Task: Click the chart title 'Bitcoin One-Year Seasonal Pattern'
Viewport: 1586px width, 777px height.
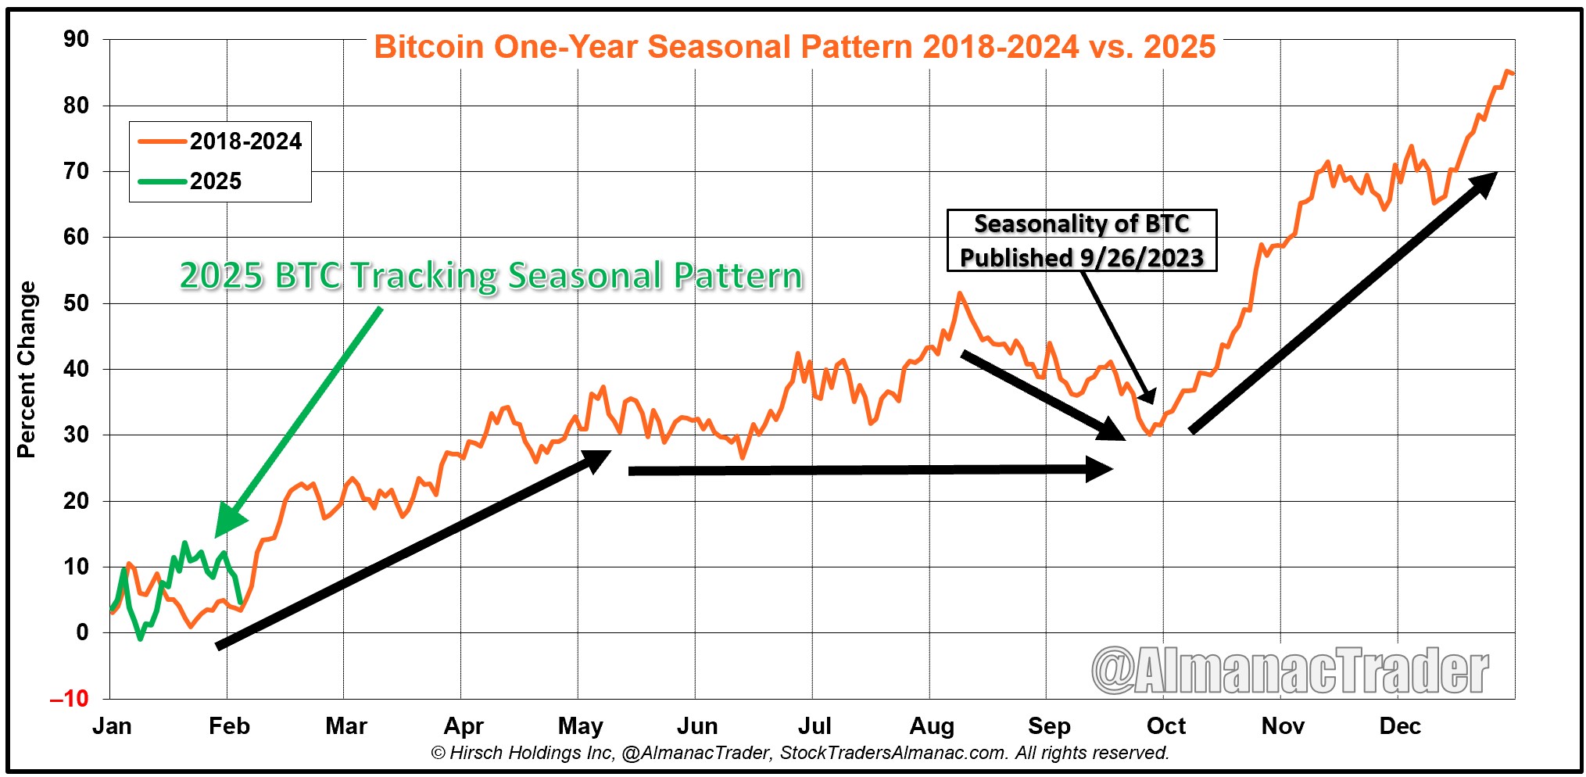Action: click(794, 47)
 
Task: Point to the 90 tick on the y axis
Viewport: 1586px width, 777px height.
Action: click(77, 39)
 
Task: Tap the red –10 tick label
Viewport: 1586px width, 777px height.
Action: click(70, 698)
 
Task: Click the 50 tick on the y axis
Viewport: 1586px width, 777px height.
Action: click(77, 303)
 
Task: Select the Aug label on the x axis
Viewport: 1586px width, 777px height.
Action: click(931, 726)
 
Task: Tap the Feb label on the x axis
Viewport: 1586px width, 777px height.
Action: click(229, 726)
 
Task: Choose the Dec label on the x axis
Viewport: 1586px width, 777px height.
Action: click(1399, 726)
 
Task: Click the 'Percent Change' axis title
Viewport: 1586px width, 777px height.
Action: click(27, 369)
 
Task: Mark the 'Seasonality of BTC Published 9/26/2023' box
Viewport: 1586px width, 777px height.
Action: click(1081, 241)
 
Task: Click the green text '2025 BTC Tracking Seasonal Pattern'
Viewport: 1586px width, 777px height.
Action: click(491, 276)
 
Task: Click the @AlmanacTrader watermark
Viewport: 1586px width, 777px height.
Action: click(1290, 671)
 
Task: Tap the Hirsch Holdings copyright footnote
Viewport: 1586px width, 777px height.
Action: click(799, 753)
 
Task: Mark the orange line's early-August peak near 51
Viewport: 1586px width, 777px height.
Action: click(959, 294)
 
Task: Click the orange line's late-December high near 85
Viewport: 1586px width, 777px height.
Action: click(1507, 72)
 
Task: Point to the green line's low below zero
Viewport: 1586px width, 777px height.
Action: click(141, 639)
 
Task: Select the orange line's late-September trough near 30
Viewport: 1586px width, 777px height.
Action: click(1148, 433)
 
